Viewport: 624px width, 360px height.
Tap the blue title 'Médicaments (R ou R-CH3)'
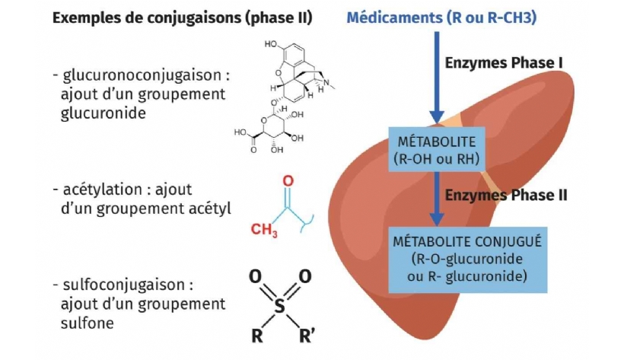point(442,18)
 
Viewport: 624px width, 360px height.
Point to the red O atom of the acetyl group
point(287,181)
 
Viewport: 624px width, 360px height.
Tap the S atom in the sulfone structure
point(280,306)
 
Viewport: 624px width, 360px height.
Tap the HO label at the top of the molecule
point(272,45)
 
